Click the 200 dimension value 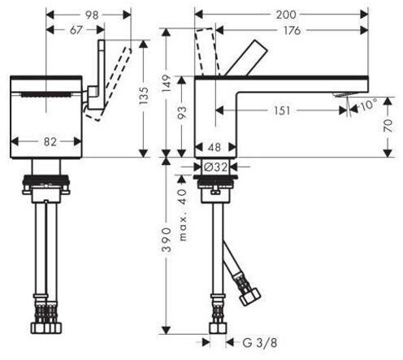(x=286, y=15)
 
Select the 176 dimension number (x=292, y=30)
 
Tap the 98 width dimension (x=92, y=15)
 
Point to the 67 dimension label (x=76, y=30)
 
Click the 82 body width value (x=50, y=141)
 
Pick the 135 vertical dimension (x=144, y=96)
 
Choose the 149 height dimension (x=167, y=83)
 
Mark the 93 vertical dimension (x=182, y=114)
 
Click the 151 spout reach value (x=282, y=111)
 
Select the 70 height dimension (x=388, y=126)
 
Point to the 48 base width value (x=214, y=147)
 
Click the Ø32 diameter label (x=215, y=167)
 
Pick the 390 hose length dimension (x=167, y=240)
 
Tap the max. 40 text (x=183, y=215)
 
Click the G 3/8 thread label (x=260, y=343)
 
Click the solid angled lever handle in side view (x=246, y=58)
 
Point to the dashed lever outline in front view (x=109, y=85)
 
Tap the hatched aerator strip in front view (x=46, y=94)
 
